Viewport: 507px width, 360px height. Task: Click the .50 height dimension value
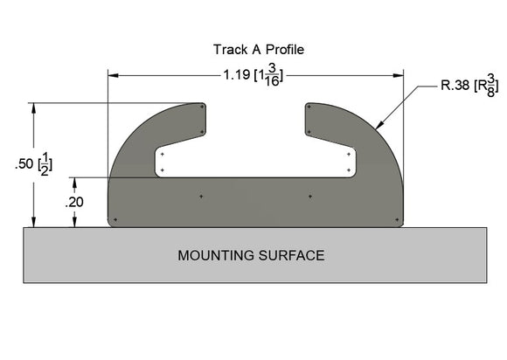click(x=24, y=164)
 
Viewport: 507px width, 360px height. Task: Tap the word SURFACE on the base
click(x=295, y=256)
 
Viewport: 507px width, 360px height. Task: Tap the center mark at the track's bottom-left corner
click(x=112, y=218)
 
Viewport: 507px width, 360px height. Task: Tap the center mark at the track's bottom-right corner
click(x=399, y=218)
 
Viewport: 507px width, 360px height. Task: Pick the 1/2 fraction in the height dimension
click(x=45, y=164)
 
